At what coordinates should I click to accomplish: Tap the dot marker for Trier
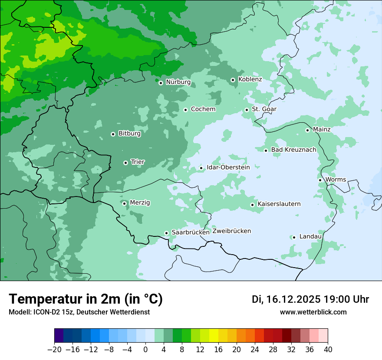click(125, 163)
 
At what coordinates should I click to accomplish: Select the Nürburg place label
click(178, 82)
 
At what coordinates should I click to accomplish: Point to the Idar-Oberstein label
click(228, 167)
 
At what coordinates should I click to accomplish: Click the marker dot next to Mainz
click(307, 130)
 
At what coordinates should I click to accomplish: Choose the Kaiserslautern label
click(279, 204)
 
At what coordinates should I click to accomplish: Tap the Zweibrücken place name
click(231, 231)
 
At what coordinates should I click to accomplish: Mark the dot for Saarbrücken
click(166, 233)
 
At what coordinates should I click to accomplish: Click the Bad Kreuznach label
click(293, 150)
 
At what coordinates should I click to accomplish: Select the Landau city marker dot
click(294, 237)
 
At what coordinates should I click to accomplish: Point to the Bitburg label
click(129, 134)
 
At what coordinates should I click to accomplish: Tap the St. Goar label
click(264, 109)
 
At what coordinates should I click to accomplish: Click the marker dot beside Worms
click(320, 180)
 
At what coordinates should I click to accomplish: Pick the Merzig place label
click(140, 203)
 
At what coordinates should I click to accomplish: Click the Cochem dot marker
click(185, 110)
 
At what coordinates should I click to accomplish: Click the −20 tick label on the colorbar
click(54, 350)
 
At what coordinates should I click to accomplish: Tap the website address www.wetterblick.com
click(313, 312)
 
